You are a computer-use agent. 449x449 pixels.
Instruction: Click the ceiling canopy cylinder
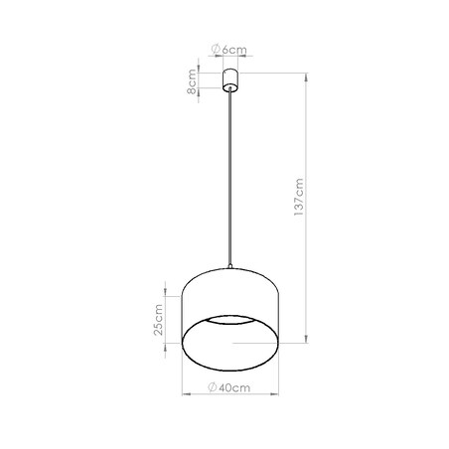(230, 78)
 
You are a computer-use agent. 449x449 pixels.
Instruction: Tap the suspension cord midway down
(230, 179)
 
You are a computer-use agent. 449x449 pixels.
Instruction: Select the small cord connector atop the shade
(230, 265)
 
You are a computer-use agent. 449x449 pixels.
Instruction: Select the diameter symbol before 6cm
(217, 50)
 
